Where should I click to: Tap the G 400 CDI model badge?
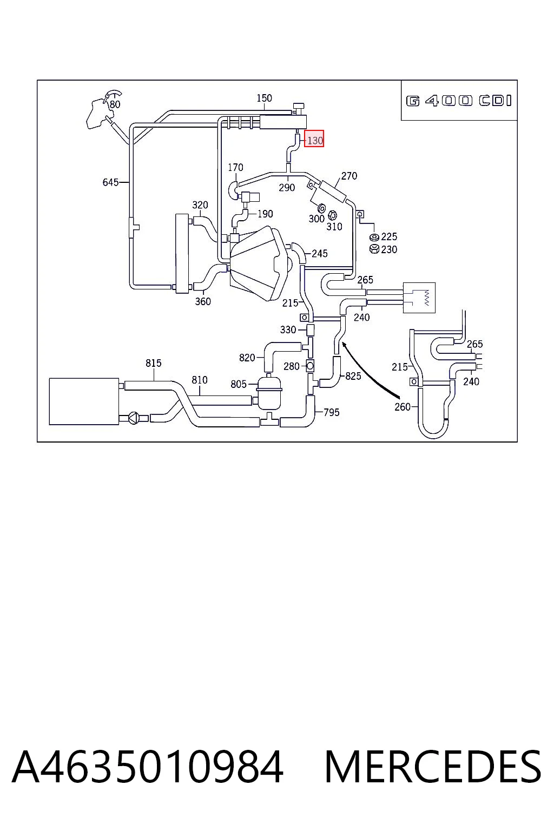coord(459,101)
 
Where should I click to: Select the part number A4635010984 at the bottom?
coord(148,767)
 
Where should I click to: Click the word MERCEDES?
coord(433,767)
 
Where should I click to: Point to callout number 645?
coord(110,182)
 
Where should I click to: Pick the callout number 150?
coord(264,98)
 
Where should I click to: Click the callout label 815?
coord(153,363)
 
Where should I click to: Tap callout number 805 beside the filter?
coord(238,384)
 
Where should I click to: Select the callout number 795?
coord(331,413)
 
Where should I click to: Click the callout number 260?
coord(402,407)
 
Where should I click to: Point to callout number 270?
coord(349,176)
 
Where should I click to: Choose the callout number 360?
coord(203,301)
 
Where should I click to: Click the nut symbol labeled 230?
coord(374,249)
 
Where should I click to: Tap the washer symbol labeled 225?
coord(374,237)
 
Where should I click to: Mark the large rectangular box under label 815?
coord(84,401)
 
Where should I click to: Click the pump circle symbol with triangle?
coord(134,418)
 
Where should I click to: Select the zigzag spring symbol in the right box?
coord(427,298)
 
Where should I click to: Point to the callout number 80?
coord(115,104)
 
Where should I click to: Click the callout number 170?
coord(236,168)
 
